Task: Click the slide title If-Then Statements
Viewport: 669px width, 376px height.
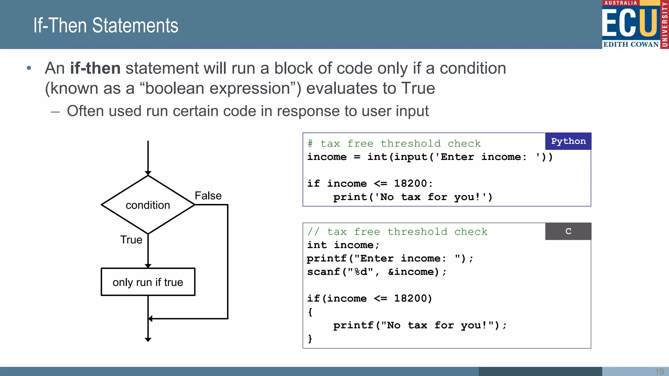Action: (106, 25)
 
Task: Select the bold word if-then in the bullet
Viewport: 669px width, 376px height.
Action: (95, 68)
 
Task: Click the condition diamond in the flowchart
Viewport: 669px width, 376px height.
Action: (148, 205)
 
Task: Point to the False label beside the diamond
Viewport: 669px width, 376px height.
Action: (208, 196)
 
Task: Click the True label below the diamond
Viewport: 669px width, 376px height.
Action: (131, 240)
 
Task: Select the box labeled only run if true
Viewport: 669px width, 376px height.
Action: (148, 282)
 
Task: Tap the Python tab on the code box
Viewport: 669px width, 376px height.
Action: (568, 141)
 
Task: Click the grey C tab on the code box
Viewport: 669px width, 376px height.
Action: (568, 231)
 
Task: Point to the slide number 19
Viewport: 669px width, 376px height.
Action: (659, 371)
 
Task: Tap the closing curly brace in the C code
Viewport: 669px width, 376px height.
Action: (310, 338)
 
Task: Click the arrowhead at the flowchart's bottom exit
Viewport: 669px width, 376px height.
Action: (148, 339)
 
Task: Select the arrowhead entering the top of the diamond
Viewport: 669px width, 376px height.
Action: (148, 173)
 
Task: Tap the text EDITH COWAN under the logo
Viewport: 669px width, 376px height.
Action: (631, 44)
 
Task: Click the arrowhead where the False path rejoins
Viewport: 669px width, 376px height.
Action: (151, 319)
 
